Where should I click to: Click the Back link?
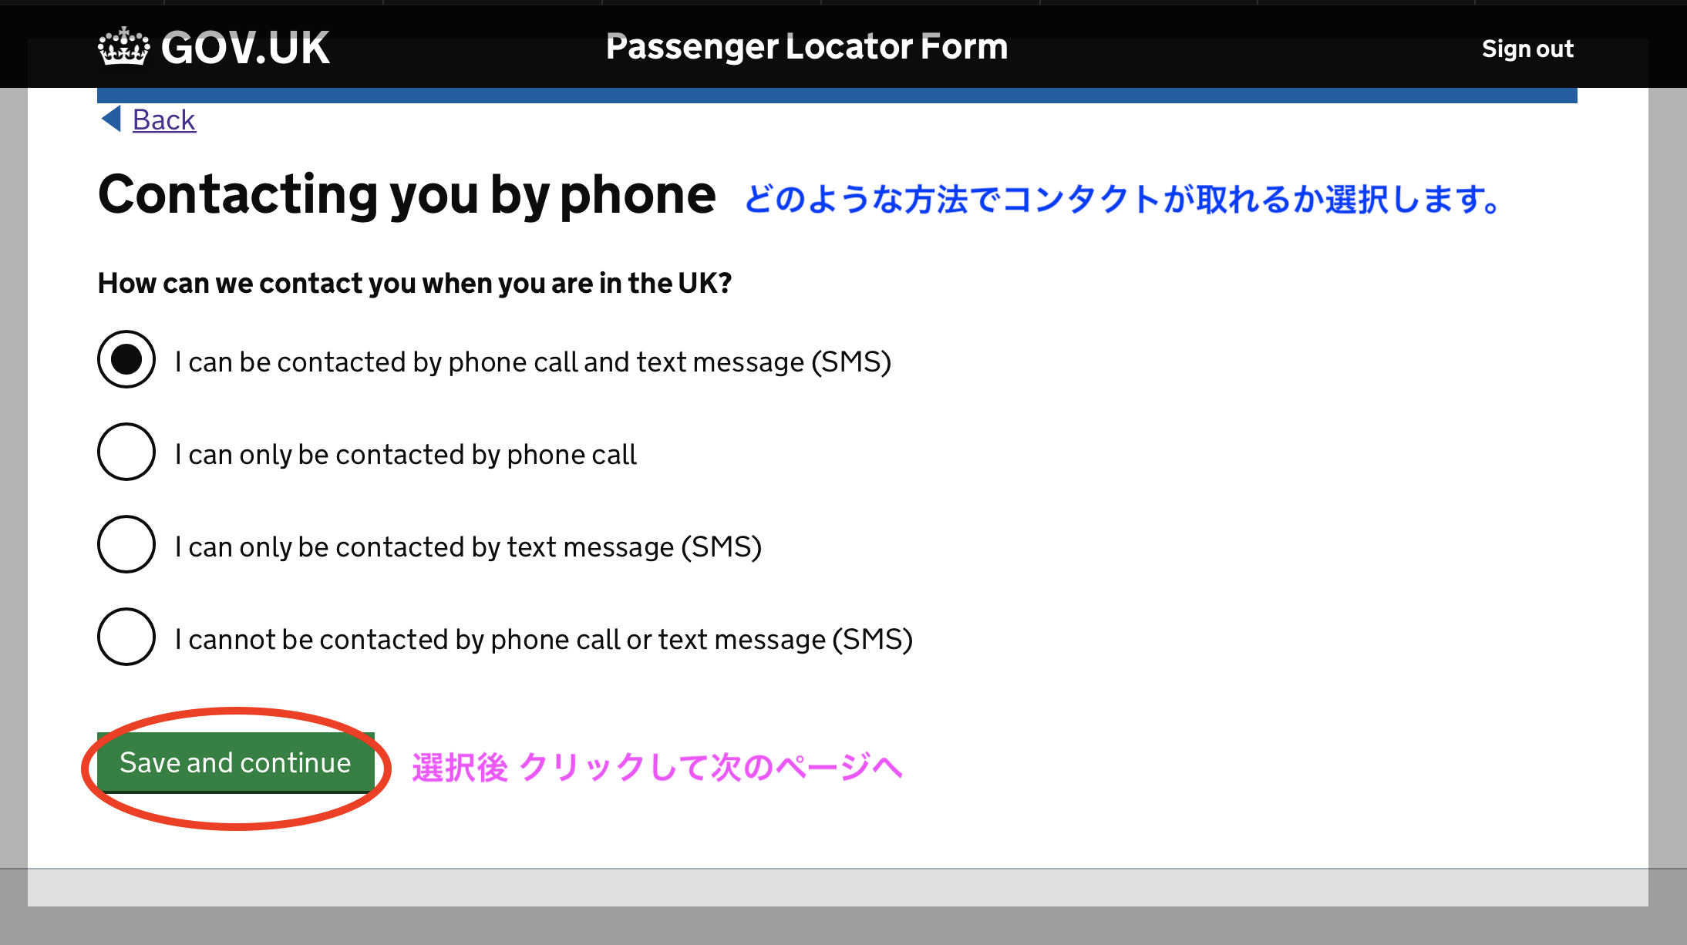coord(164,119)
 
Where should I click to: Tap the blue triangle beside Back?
coord(112,119)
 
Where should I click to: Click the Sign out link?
coord(1527,49)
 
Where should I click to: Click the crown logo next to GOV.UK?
coord(123,47)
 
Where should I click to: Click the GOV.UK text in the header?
coord(245,48)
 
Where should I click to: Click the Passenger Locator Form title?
coord(806,46)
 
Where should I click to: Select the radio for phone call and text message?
coord(126,359)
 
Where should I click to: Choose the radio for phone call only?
coord(126,452)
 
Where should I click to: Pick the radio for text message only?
coord(126,544)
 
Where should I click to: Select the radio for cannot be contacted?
coord(126,637)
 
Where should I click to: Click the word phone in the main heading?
coord(638,197)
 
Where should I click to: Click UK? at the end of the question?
coord(705,283)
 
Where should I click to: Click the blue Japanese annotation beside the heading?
coord(1123,199)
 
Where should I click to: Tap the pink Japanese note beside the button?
coord(657,767)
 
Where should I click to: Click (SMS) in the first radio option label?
coord(851,362)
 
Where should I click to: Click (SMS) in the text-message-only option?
coord(722,546)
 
